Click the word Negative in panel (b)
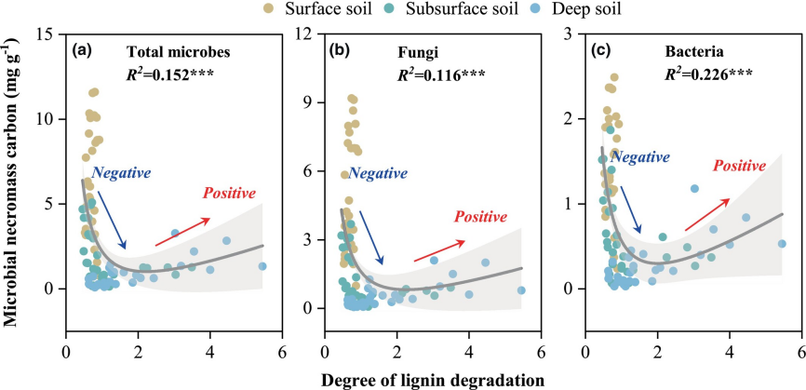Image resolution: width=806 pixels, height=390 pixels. click(378, 173)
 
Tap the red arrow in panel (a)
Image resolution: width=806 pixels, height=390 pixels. click(176, 233)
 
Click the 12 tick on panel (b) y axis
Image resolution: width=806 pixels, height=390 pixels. click(311, 34)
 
